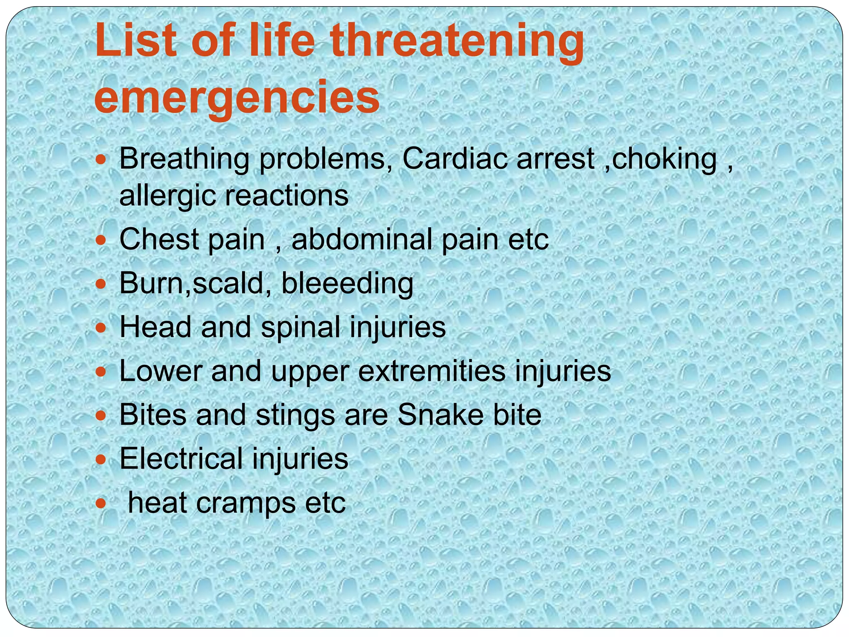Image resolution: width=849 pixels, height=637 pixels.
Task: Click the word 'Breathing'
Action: [184, 159]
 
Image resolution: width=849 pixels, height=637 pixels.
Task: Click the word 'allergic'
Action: [167, 195]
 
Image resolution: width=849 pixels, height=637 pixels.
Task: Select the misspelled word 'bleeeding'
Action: [347, 283]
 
